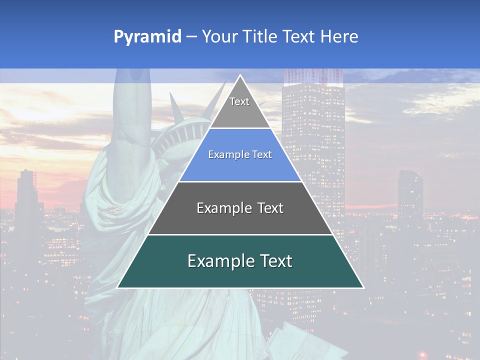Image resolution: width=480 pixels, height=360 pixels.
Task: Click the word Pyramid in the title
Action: tap(147, 36)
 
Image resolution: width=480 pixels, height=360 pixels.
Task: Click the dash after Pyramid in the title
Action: tap(191, 37)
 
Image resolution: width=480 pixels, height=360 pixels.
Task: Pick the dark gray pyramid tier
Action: tap(240, 220)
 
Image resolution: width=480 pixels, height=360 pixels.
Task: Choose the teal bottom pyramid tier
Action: tap(240, 272)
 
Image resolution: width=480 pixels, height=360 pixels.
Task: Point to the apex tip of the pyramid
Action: tap(240, 75)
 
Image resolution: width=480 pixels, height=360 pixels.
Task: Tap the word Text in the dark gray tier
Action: tap(268, 208)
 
